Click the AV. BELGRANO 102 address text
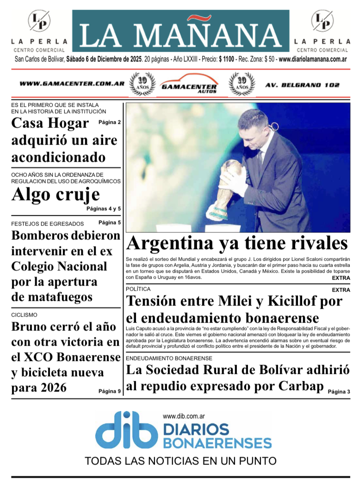(x=302, y=85)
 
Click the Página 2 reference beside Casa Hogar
(x=110, y=122)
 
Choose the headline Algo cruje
(x=56, y=195)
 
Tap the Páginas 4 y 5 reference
(x=103, y=209)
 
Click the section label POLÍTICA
(x=138, y=289)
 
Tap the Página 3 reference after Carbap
(x=339, y=392)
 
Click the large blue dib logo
(x=126, y=430)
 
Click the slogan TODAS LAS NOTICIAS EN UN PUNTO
(x=180, y=461)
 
